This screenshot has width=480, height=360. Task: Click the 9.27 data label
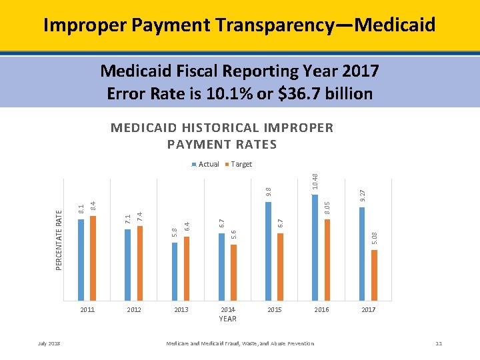[x=362, y=195]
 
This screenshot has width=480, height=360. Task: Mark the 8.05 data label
[x=327, y=208]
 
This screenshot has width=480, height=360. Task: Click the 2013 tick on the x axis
[x=181, y=310]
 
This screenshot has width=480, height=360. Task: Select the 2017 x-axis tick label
[x=368, y=310]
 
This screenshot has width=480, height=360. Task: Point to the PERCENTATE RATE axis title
[x=59, y=239]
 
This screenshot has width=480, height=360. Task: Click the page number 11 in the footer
[x=438, y=343]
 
